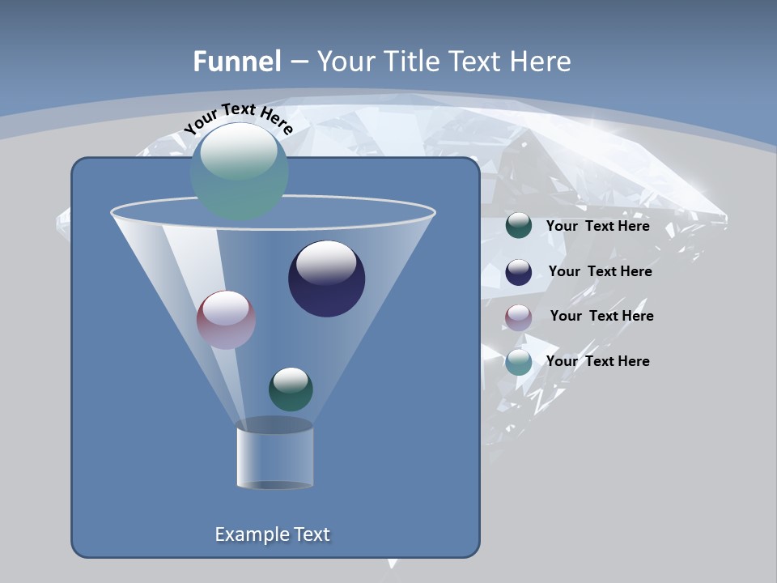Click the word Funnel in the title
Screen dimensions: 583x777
click(237, 62)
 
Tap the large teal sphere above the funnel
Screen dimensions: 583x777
click(240, 172)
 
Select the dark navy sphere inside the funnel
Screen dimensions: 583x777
click(327, 279)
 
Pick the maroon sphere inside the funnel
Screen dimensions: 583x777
click(226, 320)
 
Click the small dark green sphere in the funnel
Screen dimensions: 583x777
click(291, 389)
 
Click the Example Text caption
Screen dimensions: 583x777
click(273, 534)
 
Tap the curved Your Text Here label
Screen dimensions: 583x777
click(238, 119)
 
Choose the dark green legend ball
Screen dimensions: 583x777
click(519, 226)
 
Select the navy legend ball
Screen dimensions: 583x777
click(519, 272)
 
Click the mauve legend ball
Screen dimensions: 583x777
click(519, 317)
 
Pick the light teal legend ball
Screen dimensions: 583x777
click(519, 362)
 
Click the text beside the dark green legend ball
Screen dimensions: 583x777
click(597, 227)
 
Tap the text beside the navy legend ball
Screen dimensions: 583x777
click(600, 272)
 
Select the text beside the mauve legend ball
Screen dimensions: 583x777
click(601, 317)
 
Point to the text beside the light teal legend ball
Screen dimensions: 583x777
click(597, 362)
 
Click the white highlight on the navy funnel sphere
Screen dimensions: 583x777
click(326, 262)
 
